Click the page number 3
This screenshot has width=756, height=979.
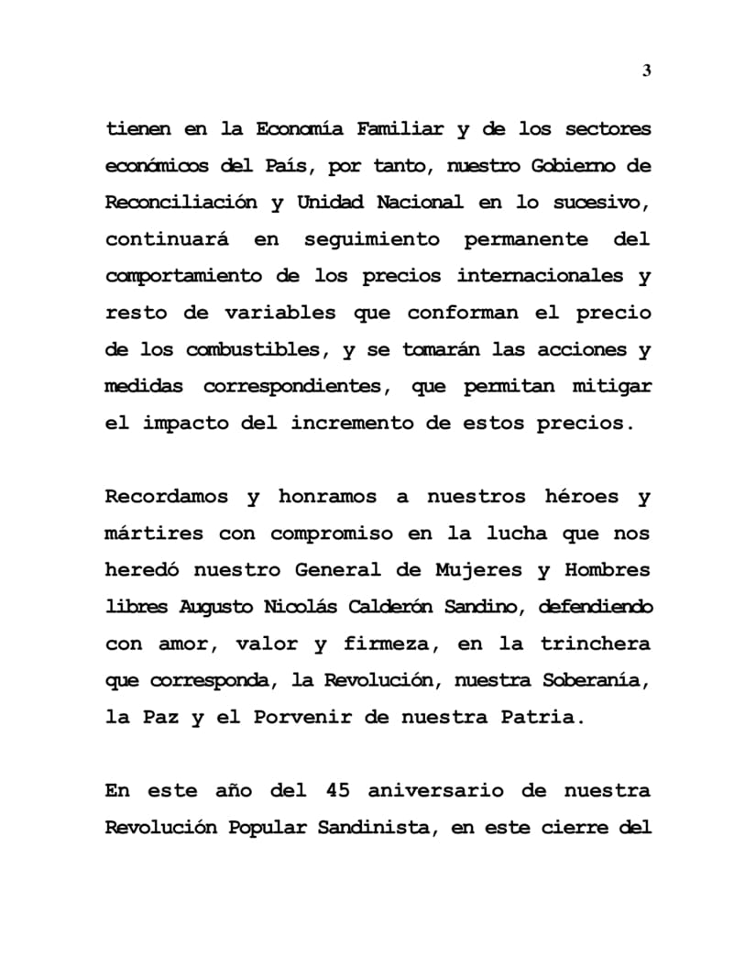pyautogui.click(x=647, y=71)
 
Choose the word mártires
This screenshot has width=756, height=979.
pyautogui.click(x=150, y=533)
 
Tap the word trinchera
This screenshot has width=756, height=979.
pyautogui.click(x=596, y=643)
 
